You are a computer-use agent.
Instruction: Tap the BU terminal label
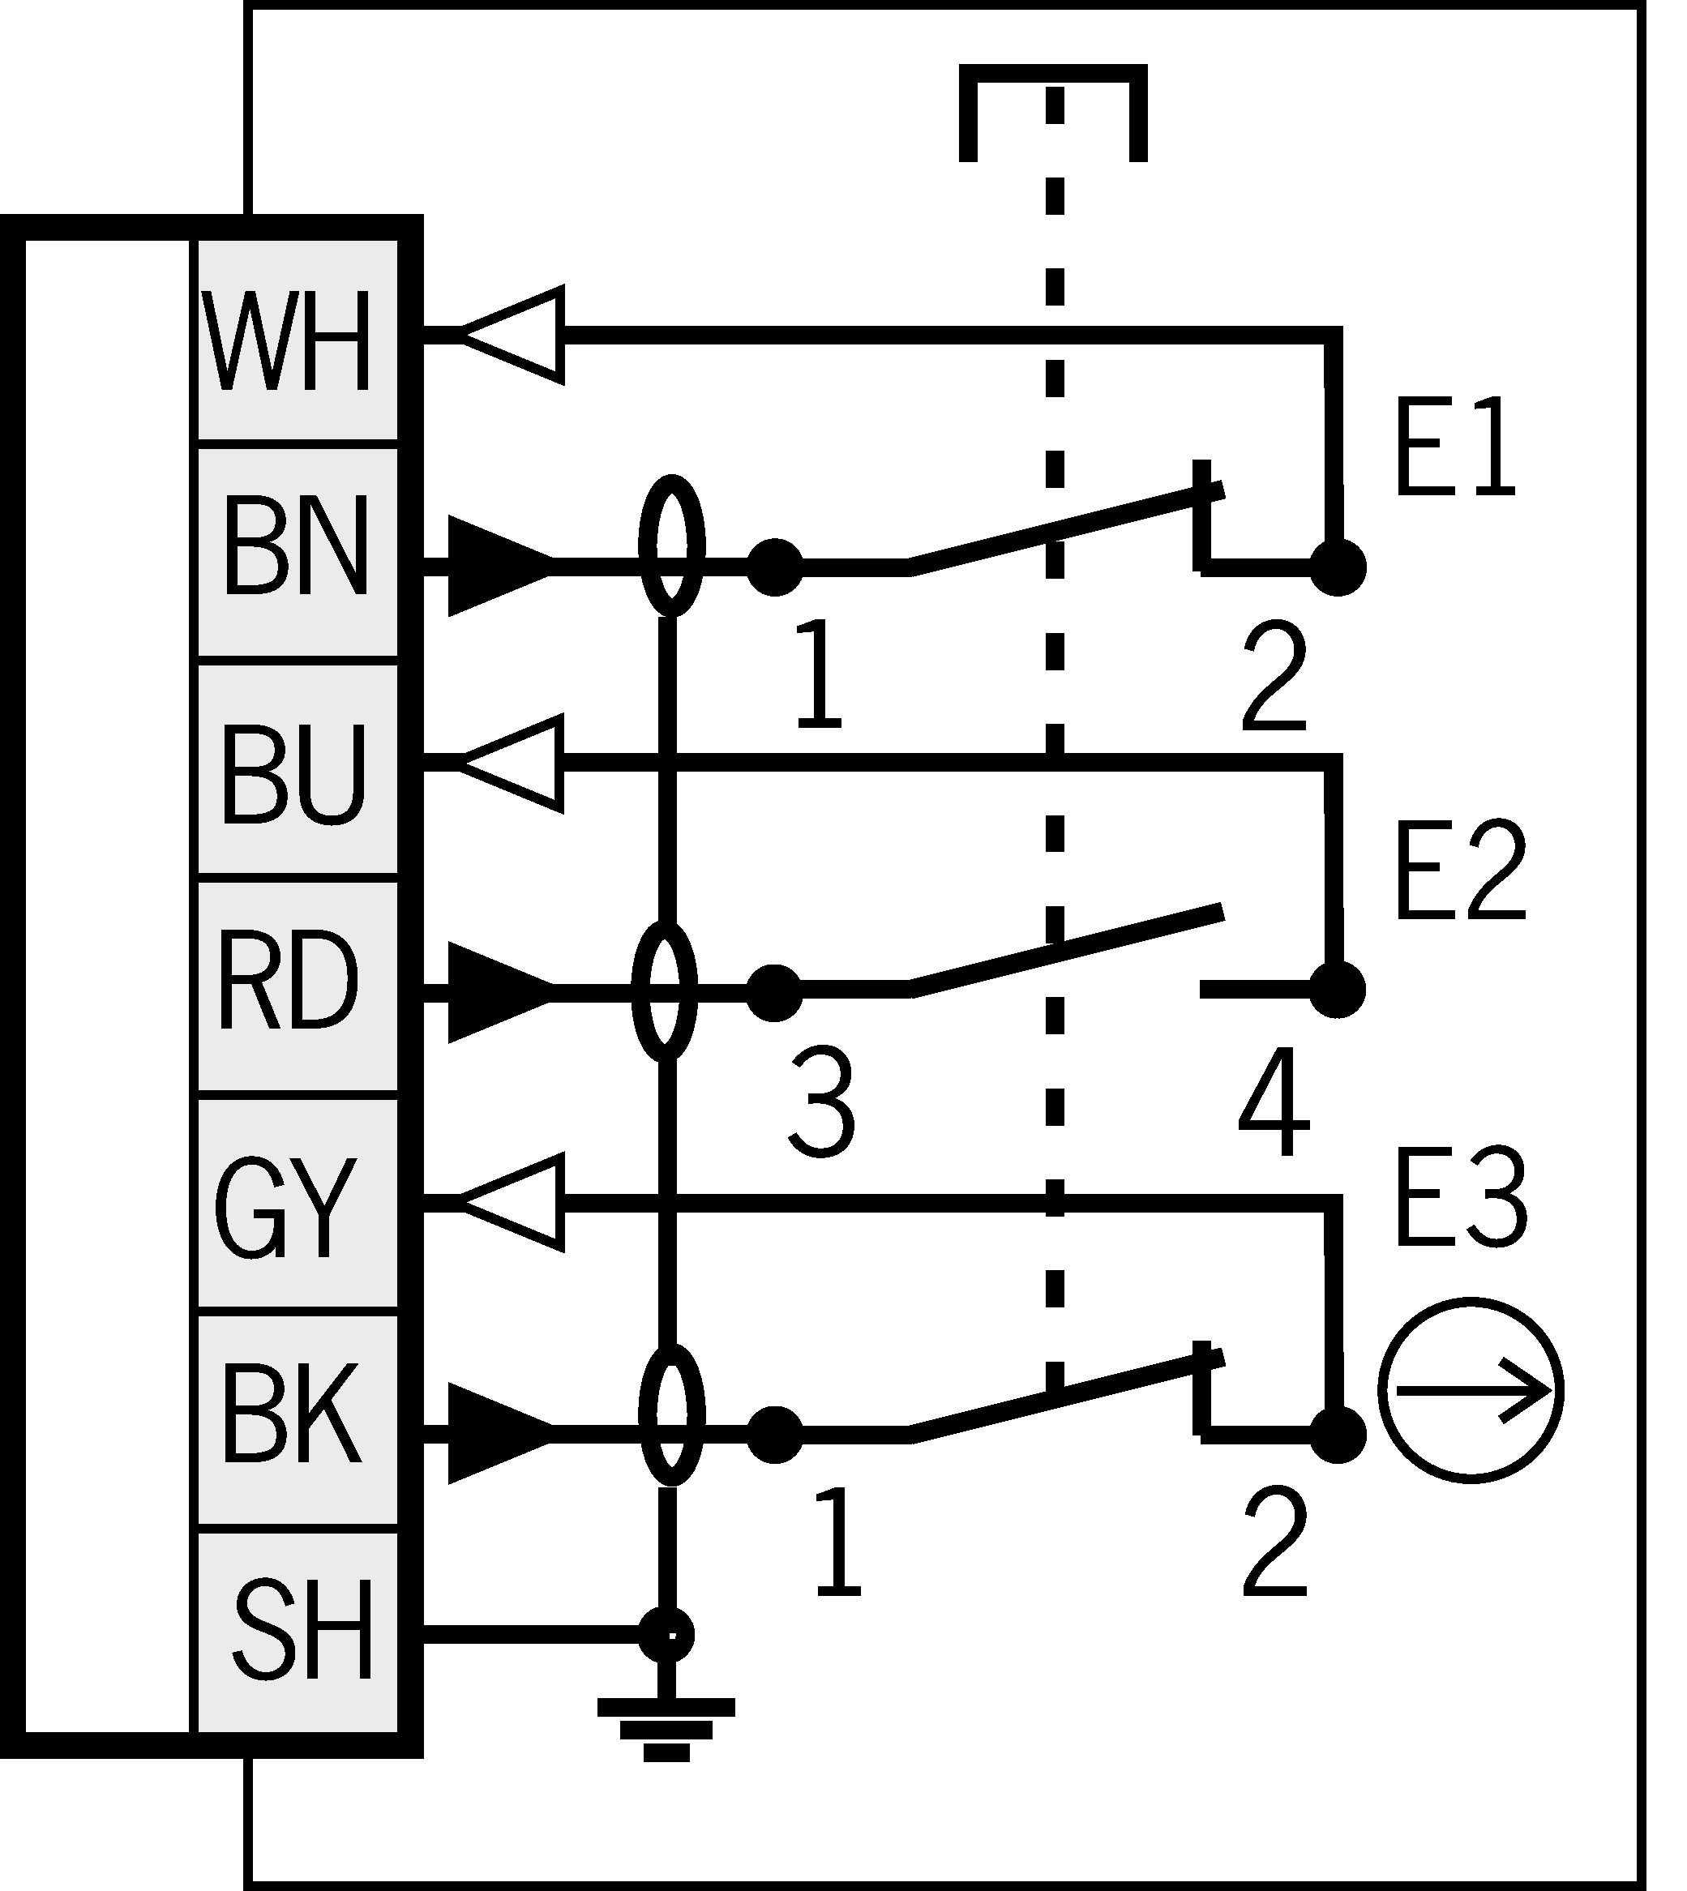tap(293, 773)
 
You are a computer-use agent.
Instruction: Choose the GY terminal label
tap(286, 1207)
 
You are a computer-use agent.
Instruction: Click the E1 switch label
tap(1454, 449)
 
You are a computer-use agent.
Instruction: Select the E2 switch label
tap(1460, 871)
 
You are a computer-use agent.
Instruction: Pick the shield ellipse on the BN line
tap(671, 546)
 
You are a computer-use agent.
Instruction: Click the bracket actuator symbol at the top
tap(1053, 111)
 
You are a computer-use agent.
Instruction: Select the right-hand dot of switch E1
tap(1338, 567)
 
